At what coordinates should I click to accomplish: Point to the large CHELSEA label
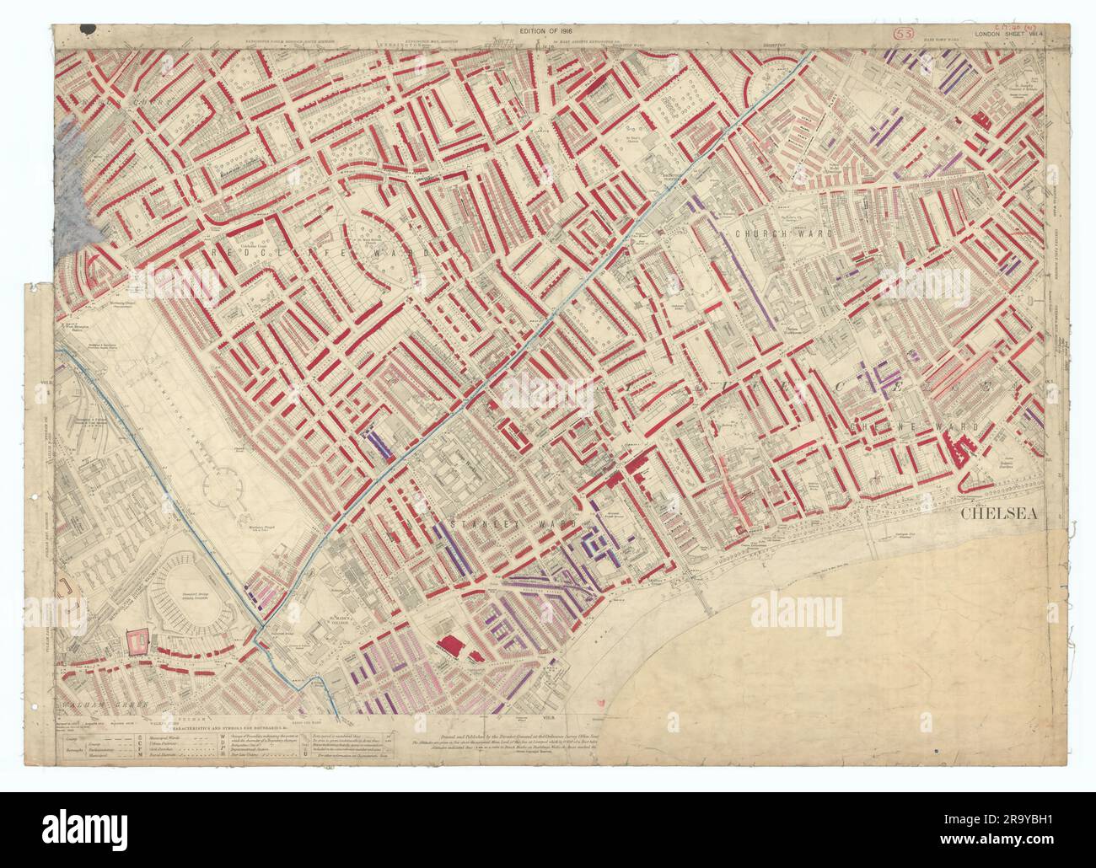click(x=998, y=513)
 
